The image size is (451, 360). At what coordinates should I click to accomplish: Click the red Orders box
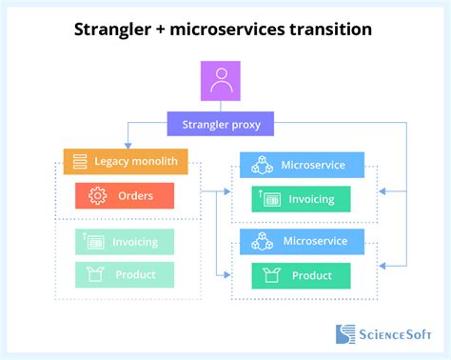point(125,196)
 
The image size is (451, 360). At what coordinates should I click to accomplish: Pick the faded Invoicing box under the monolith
point(125,242)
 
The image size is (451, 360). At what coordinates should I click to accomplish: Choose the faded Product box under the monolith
point(125,274)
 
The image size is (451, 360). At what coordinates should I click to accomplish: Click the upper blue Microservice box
point(301,165)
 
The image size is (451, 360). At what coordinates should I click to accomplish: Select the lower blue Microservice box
point(301,242)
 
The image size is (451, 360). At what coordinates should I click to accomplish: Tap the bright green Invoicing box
point(301,198)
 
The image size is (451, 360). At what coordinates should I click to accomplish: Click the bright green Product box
point(301,275)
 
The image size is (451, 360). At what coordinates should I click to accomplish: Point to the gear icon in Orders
point(96,196)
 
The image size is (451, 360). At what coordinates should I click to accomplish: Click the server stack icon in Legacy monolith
point(81,162)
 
